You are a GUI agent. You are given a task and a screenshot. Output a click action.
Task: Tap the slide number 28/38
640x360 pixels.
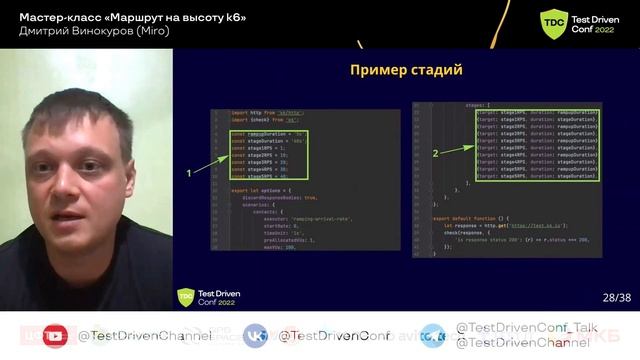tap(616, 297)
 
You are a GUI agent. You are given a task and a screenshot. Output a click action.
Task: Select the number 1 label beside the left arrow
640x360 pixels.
tap(189, 172)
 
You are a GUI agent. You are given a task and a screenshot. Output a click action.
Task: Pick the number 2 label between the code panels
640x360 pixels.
tap(435, 154)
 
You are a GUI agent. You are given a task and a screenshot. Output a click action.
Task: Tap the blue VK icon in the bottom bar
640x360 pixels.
tap(258, 336)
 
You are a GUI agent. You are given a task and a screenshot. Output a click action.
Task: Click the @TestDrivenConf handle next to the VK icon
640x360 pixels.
tap(333, 337)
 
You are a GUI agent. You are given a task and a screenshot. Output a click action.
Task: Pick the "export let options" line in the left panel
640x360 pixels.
tap(261, 189)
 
